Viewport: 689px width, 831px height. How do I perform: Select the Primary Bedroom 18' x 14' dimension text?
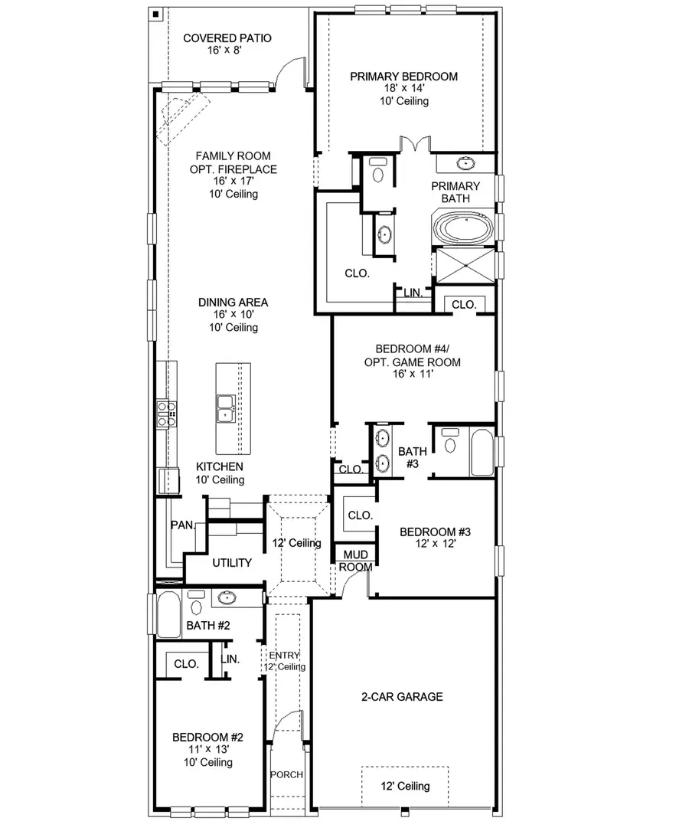click(x=403, y=89)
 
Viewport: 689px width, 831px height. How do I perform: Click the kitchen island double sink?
click(x=226, y=408)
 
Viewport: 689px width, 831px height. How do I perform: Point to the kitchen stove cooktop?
click(x=167, y=413)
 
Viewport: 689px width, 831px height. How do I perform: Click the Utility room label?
click(x=232, y=563)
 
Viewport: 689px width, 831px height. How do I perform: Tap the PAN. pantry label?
click(x=182, y=525)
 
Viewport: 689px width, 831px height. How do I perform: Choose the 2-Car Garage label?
click(x=403, y=697)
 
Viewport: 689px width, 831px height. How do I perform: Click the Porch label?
click(x=287, y=774)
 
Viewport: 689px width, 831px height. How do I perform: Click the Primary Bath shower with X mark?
click(x=464, y=267)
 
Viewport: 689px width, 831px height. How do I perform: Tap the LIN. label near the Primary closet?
click(x=413, y=293)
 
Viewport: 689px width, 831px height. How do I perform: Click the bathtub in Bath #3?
click(x=482, y=453)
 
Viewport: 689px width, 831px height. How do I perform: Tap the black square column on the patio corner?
click(x=155, y=14)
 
